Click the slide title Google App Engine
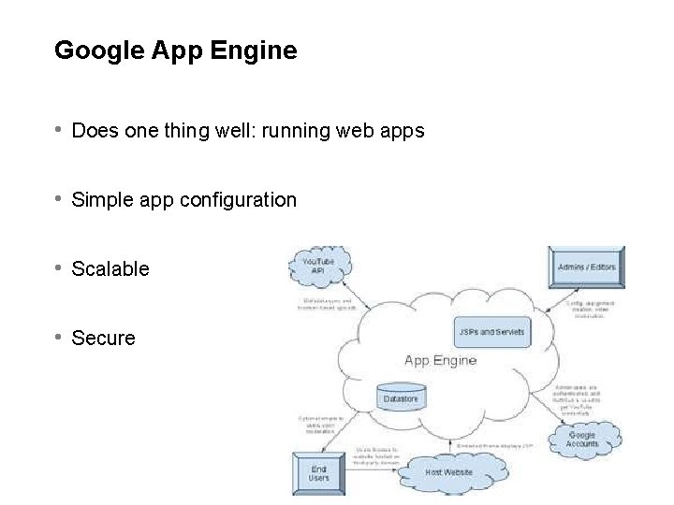(175, 50)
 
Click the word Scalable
(110, 269)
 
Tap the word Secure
(103, 339)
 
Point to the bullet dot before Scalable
(59, 268)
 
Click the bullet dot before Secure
(59, 337)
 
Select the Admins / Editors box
(586, 267)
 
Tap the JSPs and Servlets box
(491, 331)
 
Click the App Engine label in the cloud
(440, 360)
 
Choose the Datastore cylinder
(402, 397)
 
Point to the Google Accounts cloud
(582, 439)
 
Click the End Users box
(319, 472)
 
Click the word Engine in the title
(256, 50)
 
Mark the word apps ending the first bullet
(403, 131)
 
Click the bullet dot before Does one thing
(59, 130)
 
